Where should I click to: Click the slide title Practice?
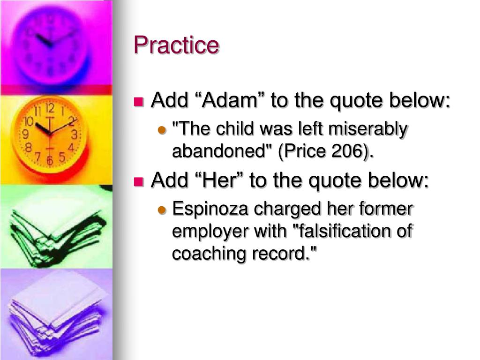click(176, 45)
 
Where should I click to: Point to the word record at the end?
click(286, 254)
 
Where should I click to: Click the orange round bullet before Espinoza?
click(163, 210)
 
